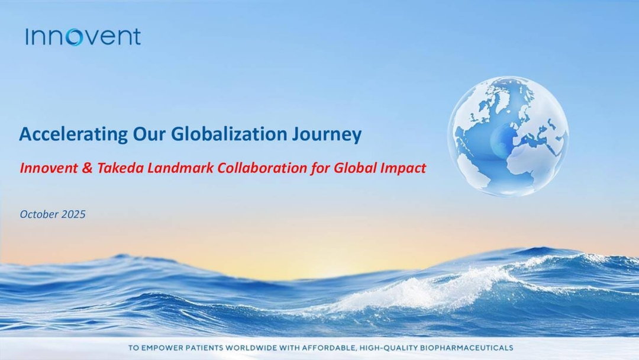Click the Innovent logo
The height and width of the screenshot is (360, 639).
(x=83, y=37)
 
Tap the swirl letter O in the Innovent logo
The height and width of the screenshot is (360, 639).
(x=74, y=37)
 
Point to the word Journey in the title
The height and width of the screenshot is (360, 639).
(x=327, y=134)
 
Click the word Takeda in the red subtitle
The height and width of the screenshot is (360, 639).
(x=120, y=168)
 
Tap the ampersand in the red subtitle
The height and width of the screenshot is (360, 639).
(x=87, y=168)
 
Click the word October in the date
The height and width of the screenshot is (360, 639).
(x=39, y=214)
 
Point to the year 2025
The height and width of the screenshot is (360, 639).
(x=73, y=214)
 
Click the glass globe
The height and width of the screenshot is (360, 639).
(x=508, y=136)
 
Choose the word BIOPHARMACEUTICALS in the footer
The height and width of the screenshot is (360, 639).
(x=466, y=348)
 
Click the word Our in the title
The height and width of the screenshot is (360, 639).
(x=149, y=134)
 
